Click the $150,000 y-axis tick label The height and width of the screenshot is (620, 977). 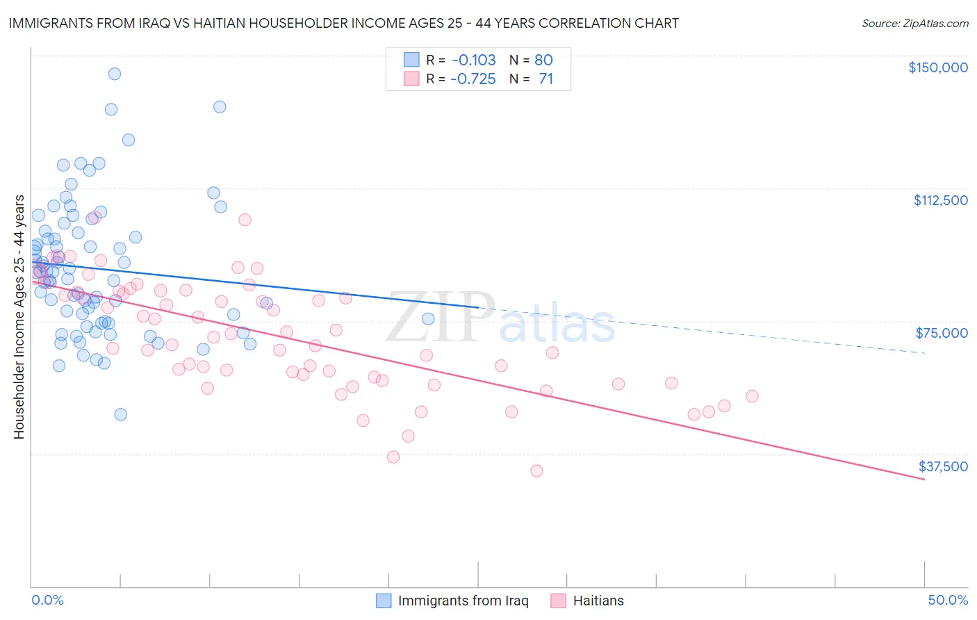point(937,67)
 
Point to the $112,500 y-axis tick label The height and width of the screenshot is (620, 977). point(940,200)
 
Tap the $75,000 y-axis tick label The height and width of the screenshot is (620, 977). point(942,333)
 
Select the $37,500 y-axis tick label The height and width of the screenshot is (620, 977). point(942,466)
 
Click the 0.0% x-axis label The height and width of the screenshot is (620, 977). point(47,600)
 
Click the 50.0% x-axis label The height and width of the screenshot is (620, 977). point(947,600)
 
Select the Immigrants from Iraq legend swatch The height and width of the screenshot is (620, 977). point(384,601)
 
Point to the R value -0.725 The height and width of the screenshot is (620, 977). point(473,79)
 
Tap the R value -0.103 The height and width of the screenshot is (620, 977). point(473,60)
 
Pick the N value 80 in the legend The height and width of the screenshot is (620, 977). point(543,60)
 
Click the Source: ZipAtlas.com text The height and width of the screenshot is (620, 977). point(914,23)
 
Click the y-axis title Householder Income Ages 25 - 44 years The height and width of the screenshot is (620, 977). point(19,317)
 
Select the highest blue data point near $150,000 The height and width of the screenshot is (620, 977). point(115,74)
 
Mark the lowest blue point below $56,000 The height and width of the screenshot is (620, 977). point(121,414)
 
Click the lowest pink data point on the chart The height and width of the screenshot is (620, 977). point(536,471)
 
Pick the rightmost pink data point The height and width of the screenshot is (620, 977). point(752,396)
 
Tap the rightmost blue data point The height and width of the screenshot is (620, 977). point(428,319)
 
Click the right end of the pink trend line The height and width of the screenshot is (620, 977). point(924,480)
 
